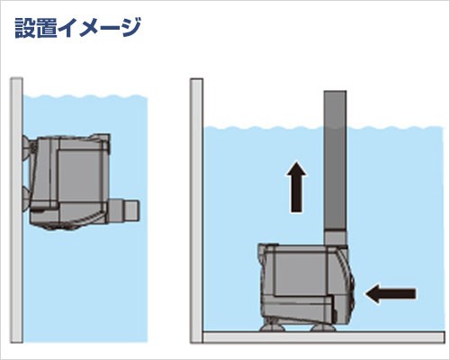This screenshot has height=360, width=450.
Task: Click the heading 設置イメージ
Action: [77, 27]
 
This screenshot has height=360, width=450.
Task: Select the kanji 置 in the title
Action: [50, 27]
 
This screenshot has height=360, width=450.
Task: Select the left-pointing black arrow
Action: [392, 292]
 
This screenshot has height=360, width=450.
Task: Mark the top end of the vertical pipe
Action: [334, 94]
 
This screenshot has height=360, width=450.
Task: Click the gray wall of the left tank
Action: [15, 207]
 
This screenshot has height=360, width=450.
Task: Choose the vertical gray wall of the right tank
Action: [196, 207]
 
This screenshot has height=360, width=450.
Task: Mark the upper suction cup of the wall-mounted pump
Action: [25, 146]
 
